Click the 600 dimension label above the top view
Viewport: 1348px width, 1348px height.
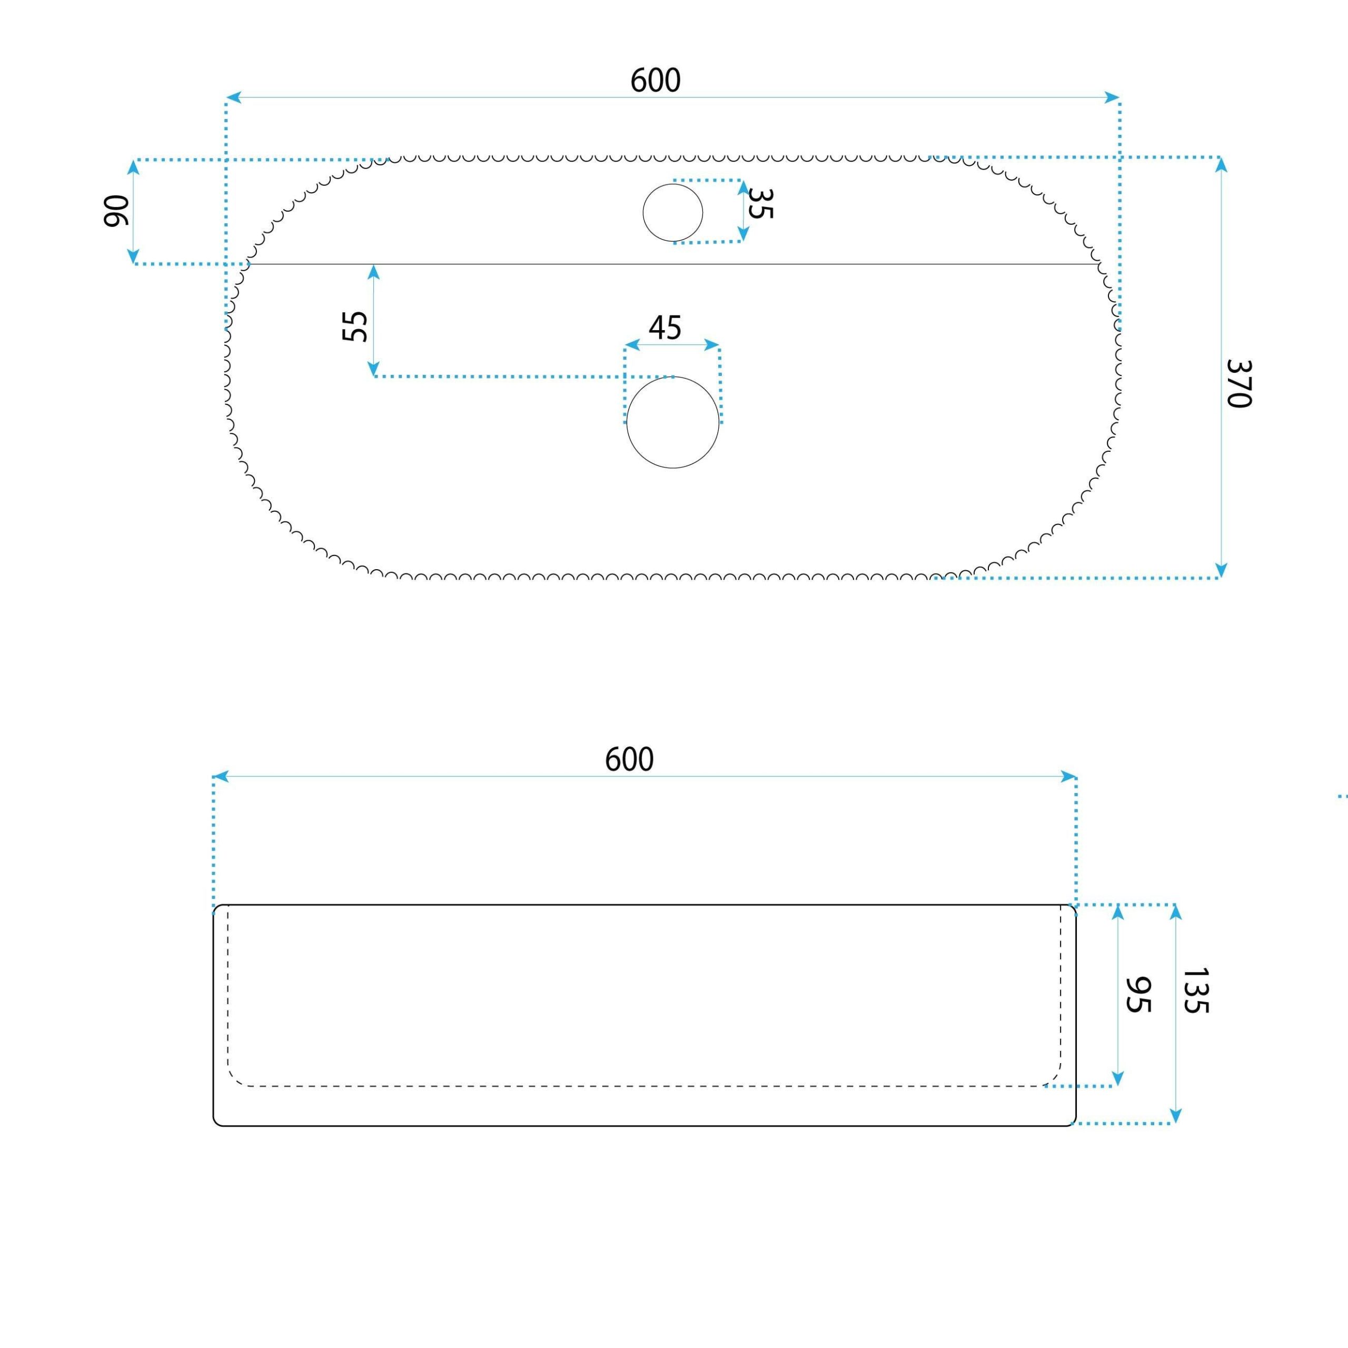coord(655,80)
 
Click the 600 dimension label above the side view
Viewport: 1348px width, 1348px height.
coord(629,759)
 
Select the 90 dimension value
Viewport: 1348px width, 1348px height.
coord(116,211)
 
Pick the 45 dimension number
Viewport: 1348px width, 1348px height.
coord(665,327)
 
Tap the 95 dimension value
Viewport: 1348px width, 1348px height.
coord(1138,995)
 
